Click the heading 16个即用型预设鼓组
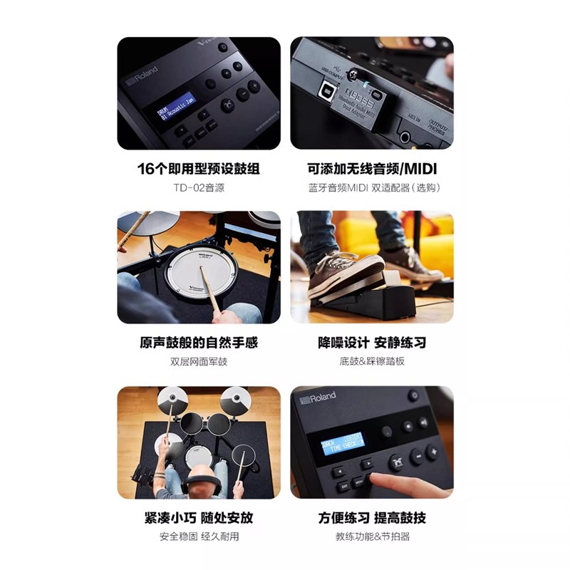(198, 169)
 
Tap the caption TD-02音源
(198, 188)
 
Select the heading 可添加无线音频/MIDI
(371, 169)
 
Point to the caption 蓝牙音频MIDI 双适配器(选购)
(371, 188)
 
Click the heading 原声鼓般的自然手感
(198, 343)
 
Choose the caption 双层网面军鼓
(198, 362)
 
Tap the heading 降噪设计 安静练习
(371, 343)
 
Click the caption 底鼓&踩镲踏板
(371, 362)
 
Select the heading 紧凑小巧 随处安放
(198, 517)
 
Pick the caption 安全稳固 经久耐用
(198, 537)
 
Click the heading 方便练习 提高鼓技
(371, 517)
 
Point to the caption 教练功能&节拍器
(371, 537)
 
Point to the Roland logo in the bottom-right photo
(318, 398)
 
